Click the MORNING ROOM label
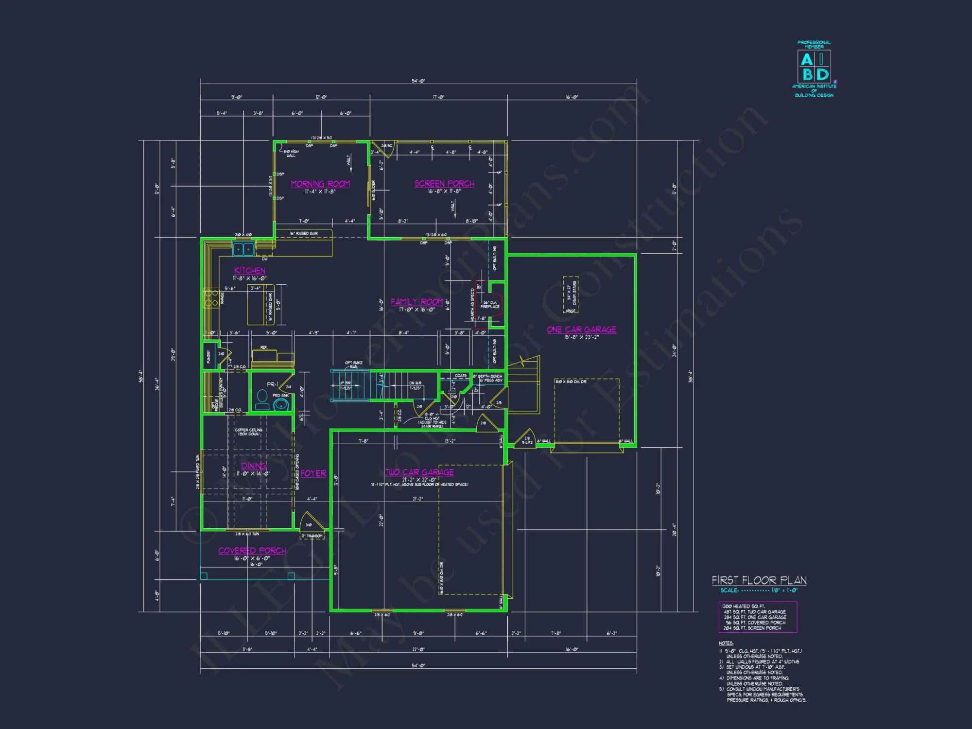pyautogui.click(x=320, y=184)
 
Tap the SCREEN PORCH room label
pyautogui.click(x=444, y=184)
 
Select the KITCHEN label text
pyautogui.click(x=250, y=271)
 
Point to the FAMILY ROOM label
pyautogui.click(x=417, y=302)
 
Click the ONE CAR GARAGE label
pyautogui.click(x=581, y=330)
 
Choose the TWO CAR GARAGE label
pyautogui.click(x=419, y=472)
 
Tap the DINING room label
pyautogui.click(x=254, y=466)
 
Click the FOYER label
pyautogui.click(x=313, y=473)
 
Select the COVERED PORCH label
pyautogui.click(x=252, y=551)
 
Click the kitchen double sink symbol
pyautogui.click(x=243, y=249)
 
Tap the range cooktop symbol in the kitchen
pyautogui.click(x=211, y=298)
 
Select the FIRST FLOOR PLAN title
pyautogui.click(x=759, y=580)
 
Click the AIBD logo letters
pyautogui.click(x=814, y=67)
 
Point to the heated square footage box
pyautogui.click(x=758, y=617)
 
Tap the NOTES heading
pyautogui.click(x=726, y=643)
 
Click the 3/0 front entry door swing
pyautogui.click(x=311, y=522)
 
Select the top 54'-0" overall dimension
pyautogui.click(x=418, y=81)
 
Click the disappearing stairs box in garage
pyautogui.click(x=571, y=295)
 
